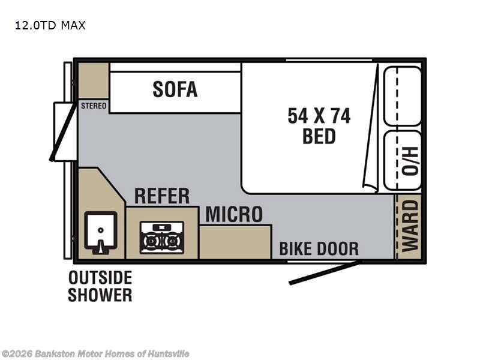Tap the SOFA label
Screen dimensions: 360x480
tap(175, 89)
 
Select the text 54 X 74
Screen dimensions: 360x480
tap(319, 115)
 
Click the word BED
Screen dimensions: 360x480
tap(319, 136)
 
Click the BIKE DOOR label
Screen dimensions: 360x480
tap(319, 248)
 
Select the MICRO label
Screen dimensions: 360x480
tap(234, 214)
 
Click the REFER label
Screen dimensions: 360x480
tap(161, 196)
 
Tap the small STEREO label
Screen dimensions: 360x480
tap(93, 106)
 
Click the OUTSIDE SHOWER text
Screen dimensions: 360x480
tap(100, 286)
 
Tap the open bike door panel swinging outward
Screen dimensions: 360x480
tap(325, 272)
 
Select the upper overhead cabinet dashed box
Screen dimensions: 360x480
tap(402, 95)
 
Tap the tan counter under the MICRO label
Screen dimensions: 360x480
tap(235, 242)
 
